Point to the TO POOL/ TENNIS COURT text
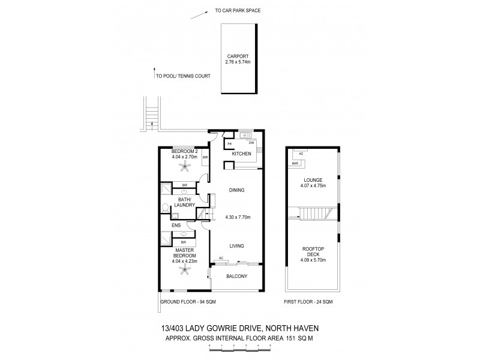[x=181, y=76]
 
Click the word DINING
[x=237, y=190]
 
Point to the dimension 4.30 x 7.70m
[x=238, y=217]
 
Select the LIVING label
[x=236, y=245]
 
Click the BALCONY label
[x=236, y=277]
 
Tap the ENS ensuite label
[x=176, y=226]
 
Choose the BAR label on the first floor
[x=295, y=163]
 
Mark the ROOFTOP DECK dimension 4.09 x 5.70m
[x=313, y=262]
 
